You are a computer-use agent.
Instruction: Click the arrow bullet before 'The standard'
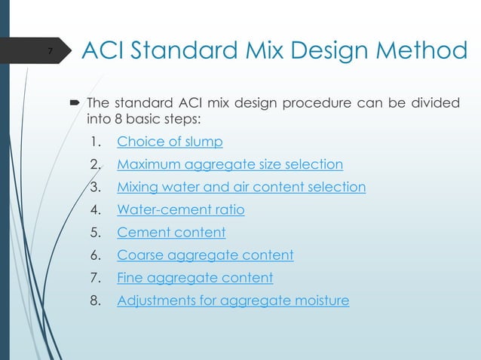76,102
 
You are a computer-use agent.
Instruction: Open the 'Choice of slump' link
170,141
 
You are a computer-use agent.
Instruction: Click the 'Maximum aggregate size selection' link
230,163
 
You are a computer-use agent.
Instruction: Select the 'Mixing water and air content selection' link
241,187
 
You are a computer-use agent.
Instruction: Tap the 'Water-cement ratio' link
180,209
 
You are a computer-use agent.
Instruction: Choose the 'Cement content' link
171,232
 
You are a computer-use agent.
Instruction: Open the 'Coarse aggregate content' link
205,255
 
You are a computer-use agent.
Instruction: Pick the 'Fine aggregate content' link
195,278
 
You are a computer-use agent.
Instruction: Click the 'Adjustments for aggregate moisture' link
233,301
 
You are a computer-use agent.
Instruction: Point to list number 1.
93,141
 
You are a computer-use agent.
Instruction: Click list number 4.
94,209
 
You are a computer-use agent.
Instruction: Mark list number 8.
94,301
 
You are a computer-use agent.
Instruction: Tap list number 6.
94,255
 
